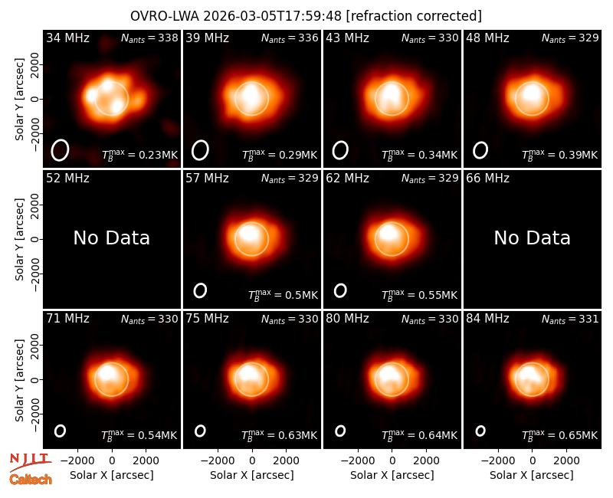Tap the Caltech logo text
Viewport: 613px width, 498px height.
click(31, 480)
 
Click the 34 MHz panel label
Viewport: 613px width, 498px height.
click(67, 38)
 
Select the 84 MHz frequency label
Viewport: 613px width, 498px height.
click(487, 319)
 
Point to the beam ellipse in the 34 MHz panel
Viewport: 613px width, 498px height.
click(60, 150)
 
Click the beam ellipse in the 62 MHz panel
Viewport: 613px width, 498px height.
click(340, 290)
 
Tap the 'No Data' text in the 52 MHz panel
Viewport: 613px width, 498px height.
click(112, 238)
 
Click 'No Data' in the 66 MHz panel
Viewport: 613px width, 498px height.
click(532, 238)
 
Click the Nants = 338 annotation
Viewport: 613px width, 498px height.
click(149, 38)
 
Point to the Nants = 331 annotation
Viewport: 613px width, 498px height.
click(570, 319)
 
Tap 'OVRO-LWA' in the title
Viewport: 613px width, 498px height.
click(165, 16)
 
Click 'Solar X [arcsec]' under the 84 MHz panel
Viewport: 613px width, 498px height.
click(532, 475)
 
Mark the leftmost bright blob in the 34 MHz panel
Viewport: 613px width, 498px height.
click(91, 95)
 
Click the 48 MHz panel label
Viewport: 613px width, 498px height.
click(487, 38)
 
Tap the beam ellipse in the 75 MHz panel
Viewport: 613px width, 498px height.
click(200, 431)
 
